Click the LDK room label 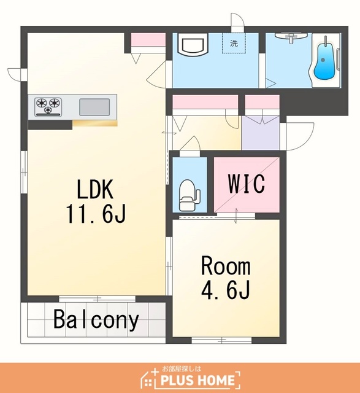coord(95,189)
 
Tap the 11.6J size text coord(95,214)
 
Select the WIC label coord(247,184)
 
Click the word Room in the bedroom coord(226,266)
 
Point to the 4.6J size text coord(226,290)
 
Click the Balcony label coord(96,320)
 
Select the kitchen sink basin coord(94,107)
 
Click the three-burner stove coord(48,106)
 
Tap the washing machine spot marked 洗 coord(234,44)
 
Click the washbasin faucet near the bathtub coord(291,38)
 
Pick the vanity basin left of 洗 coord(193,44)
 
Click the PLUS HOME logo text coord(197,380)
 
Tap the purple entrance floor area coord(261,133)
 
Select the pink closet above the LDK coord(148,39)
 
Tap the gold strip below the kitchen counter coord(95,123)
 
